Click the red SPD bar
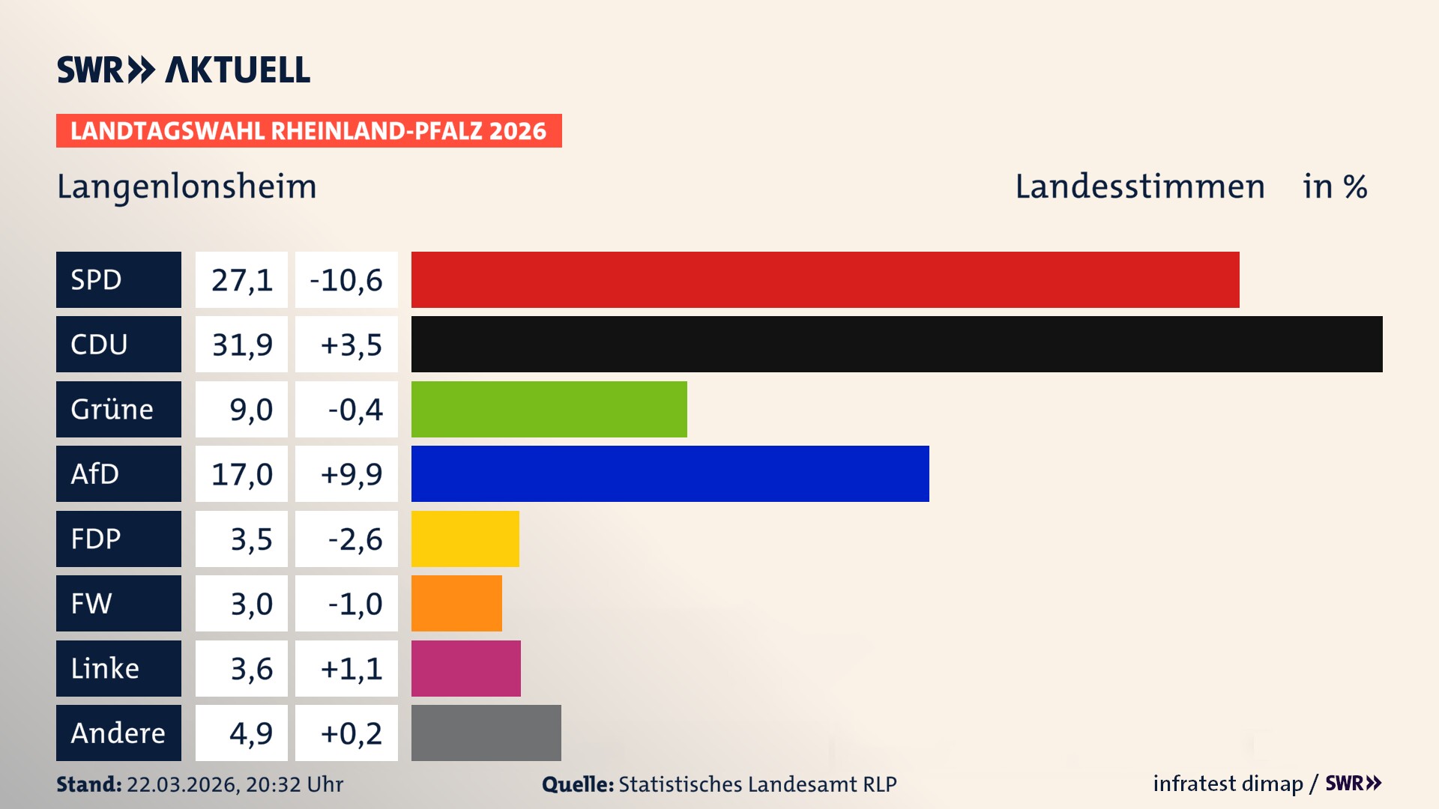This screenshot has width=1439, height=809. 824,279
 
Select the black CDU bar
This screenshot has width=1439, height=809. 896,344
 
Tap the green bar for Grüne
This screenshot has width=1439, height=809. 549,409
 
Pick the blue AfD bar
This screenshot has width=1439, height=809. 670,473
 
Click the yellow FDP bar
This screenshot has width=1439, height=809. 465,539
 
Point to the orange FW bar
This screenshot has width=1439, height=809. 456,603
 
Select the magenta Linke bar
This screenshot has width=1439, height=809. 465,668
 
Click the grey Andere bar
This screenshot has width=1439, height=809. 486,733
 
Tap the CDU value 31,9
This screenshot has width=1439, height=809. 241,345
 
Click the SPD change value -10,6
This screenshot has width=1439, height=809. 346,280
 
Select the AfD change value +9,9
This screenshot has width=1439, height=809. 351,474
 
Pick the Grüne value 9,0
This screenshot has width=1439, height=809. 250,410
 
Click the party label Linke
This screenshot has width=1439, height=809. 105,668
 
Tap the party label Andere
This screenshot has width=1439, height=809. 118,733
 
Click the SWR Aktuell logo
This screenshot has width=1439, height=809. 184,70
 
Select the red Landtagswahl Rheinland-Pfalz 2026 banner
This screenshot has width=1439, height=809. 309,131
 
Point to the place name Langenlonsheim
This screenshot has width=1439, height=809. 187,187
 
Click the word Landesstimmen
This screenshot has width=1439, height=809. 1139,187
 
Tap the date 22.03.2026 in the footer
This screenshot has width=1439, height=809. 182,784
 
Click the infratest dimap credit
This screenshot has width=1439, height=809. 1228,784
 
